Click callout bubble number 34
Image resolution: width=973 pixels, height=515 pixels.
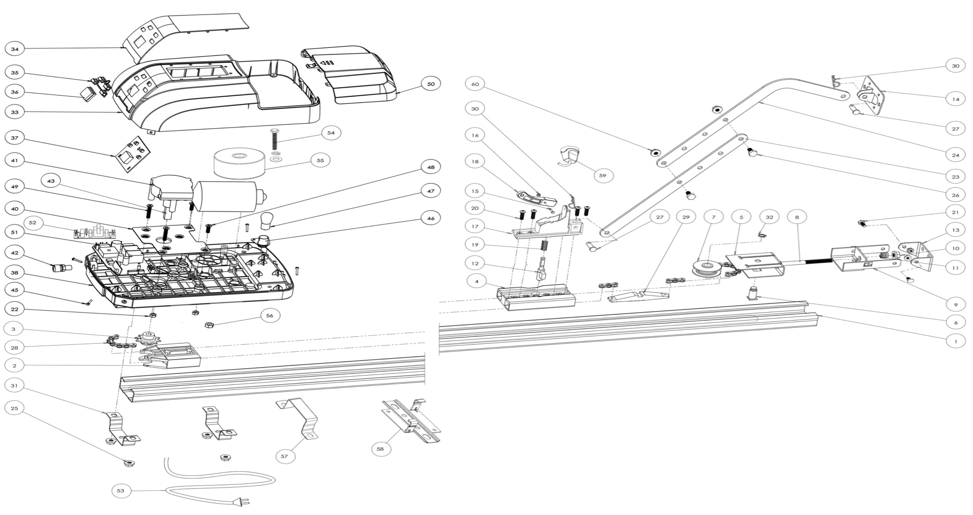tap(15, 49)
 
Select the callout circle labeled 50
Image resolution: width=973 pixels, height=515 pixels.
tap(431, 84)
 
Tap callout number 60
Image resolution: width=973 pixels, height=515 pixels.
tap(475, 84)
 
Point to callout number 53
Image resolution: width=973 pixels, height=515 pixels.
tap(120, 490)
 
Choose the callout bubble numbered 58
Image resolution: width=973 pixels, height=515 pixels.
tap(380, 449)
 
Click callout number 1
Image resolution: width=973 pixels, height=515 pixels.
tap(955, 341)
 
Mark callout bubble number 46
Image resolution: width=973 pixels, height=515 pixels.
tap(431, 218)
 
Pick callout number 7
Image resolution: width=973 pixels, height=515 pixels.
tap(714, 217)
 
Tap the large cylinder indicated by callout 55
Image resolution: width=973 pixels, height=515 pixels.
tap(239, 164)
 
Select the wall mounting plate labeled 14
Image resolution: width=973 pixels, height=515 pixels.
tap(872, 96)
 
